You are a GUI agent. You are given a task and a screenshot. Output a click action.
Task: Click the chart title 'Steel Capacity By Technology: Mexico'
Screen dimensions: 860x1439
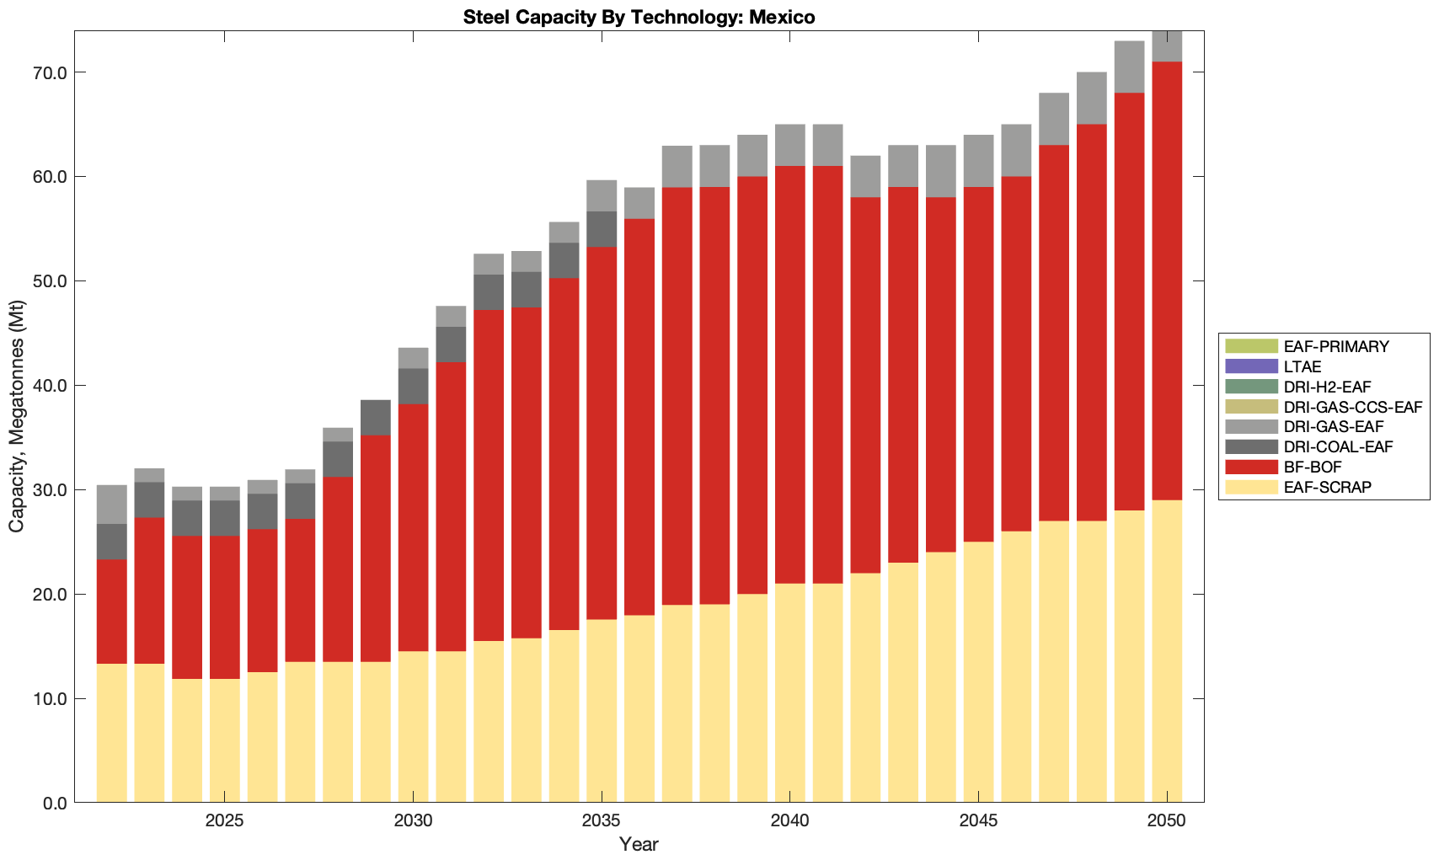(639, 17)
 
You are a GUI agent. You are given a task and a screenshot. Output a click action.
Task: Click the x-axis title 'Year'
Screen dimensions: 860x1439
(639, 844)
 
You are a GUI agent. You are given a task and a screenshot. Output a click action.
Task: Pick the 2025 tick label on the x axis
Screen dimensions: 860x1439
(224, 821)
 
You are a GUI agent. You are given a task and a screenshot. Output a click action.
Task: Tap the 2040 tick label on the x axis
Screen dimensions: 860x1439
(789, 821)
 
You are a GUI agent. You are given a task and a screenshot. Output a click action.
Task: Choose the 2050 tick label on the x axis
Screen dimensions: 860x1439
(1167, 821)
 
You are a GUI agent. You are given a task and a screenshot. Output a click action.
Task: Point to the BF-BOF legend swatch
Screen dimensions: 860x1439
(1251, 467)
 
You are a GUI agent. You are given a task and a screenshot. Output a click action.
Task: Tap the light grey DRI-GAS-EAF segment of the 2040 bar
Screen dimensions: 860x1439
(789, 145)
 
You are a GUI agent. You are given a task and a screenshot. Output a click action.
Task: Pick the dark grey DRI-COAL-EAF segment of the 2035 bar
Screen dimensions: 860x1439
(602, 229)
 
